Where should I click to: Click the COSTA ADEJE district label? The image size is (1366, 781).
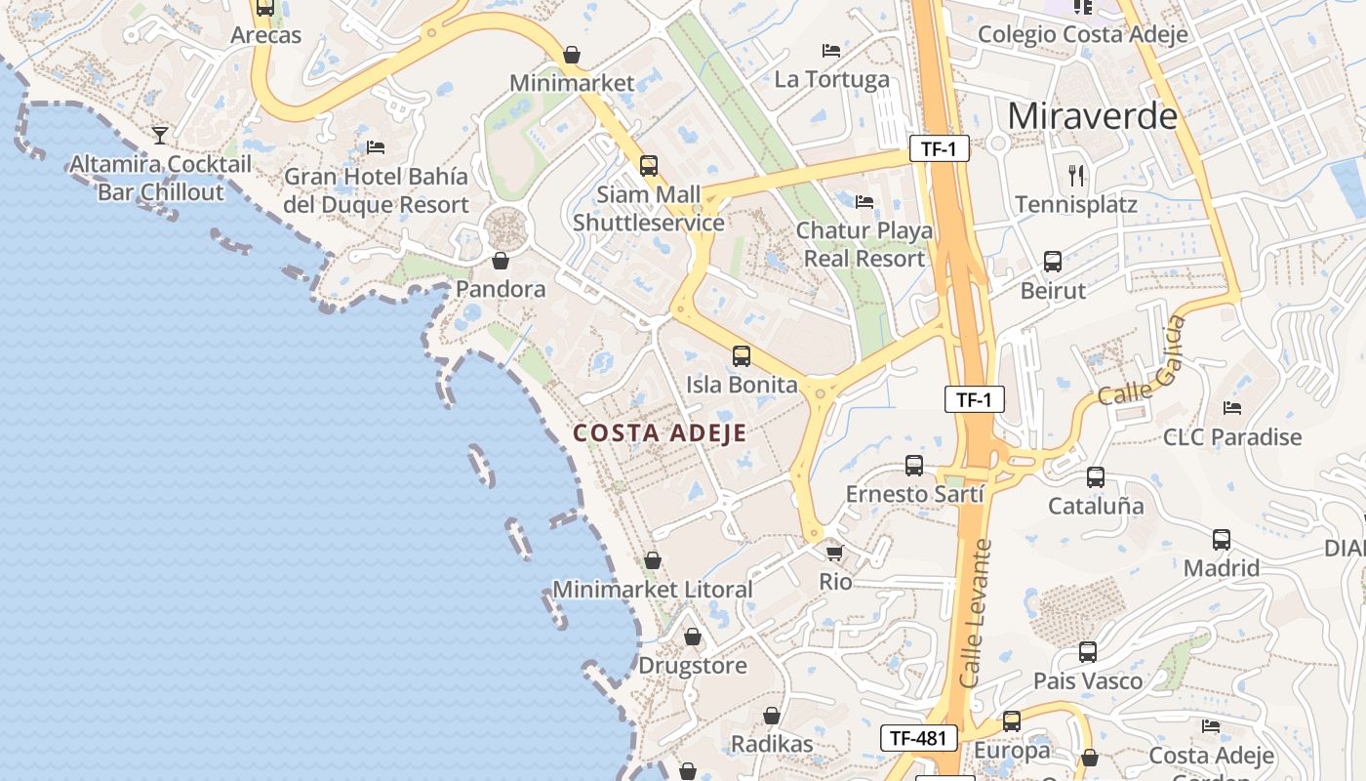(660, 433)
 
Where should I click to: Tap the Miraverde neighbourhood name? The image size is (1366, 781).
(1092, 116)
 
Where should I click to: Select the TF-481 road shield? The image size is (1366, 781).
(918, 738)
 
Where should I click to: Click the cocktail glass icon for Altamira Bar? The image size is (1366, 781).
(160, 135)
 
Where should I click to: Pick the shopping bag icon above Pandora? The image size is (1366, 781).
(501, 261)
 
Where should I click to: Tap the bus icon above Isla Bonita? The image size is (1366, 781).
(742, 356)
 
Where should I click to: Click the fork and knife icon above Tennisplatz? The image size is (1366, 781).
(1076, 176)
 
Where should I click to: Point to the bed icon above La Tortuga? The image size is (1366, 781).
(831, 51)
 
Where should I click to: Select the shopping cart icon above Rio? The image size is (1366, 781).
(834, 553)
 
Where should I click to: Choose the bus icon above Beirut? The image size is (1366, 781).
(1053, 262)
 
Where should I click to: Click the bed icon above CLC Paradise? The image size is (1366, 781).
(1232, 408)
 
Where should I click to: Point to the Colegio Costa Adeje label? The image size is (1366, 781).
(1082, 34)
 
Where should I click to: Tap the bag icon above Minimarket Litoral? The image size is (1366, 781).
(653, 560)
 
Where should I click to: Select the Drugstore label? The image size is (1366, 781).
(692, 666)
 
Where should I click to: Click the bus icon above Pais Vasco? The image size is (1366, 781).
(1088, 652)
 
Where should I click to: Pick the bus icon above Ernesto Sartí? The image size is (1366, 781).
(914, 466)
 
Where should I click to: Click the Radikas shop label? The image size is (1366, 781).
(771, 744)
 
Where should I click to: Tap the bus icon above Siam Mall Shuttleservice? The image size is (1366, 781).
(649, 166)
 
